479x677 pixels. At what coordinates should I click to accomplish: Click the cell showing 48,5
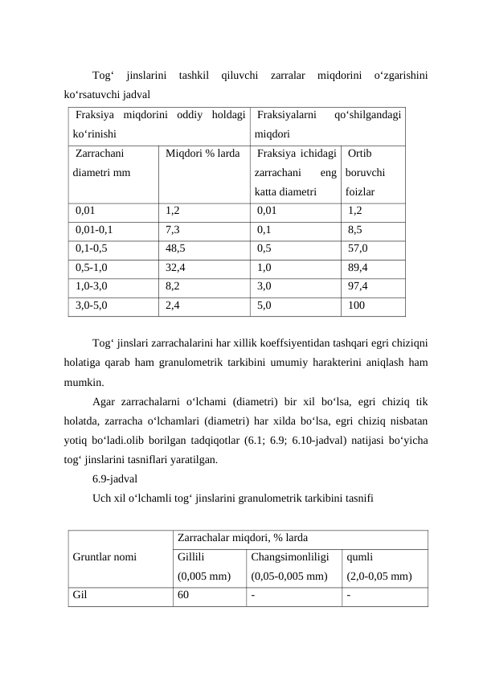click(x=175, y=248)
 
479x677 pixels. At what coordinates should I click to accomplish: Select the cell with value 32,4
click(x=175, y=268)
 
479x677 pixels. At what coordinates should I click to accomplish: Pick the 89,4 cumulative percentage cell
click(x=358, y=268)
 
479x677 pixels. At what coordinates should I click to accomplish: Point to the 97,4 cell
click(x=358, y=286)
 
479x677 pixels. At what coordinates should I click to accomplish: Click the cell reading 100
click(x=356, y=305)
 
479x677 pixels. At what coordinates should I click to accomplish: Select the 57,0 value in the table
click(x=358, y=248)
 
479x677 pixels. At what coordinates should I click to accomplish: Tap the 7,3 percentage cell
click(x=172, y=230)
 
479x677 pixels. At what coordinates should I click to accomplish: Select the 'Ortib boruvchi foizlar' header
click(x=366, y=173)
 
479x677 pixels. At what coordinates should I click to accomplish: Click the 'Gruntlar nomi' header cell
click(x=104, y=556)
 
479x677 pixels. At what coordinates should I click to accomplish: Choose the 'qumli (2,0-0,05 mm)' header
click(x=379, y=566)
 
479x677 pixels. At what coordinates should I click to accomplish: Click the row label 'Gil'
click(x=80, y=596)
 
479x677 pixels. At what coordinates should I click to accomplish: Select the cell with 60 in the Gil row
click(x=184, y=596)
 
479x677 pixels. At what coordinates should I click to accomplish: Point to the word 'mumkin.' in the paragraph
click(x=85, y=382)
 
